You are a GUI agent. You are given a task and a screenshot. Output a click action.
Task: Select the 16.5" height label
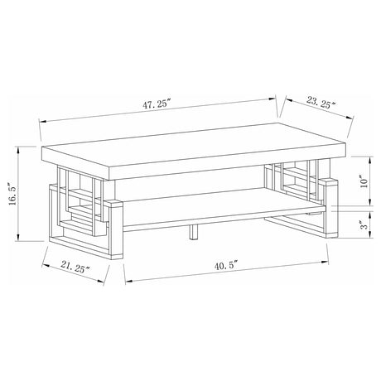(14, 194)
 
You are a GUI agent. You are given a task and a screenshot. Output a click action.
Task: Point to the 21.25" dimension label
(75, 268)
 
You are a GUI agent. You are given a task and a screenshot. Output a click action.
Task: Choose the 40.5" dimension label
(226, 266)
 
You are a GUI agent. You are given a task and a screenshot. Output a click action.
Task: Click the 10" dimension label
(364, 181)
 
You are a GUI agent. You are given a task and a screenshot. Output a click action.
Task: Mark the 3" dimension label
(365, 225)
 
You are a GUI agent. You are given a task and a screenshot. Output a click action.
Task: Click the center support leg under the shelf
(194, 231)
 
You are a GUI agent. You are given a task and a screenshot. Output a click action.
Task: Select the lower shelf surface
(221, 205)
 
